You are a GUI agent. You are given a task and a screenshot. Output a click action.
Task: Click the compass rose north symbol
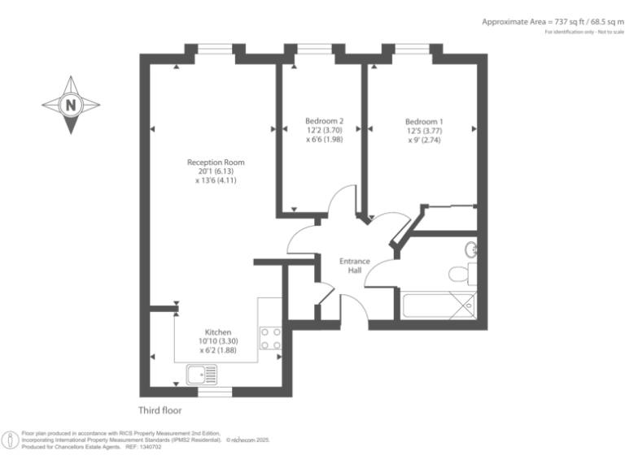[x=71, y=105]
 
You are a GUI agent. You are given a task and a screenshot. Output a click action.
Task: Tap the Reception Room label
[x=215, y=162]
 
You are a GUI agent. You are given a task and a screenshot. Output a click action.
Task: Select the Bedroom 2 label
[x=318, y=120]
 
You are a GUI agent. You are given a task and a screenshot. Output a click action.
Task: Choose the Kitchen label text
[x=217, y=332]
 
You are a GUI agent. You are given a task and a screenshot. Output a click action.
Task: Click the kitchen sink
[x=201, y=374]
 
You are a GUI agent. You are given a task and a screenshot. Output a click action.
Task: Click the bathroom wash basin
[x=471, y=249]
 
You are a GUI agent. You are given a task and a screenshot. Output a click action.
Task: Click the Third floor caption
[x=160, y=411]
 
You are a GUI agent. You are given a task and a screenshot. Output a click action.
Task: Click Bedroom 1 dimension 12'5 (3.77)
[x=420, y=130]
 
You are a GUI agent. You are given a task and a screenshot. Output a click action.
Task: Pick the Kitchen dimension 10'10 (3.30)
[x=217, y=342]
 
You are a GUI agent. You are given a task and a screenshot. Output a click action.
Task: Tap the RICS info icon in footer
[x=11, y=440]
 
